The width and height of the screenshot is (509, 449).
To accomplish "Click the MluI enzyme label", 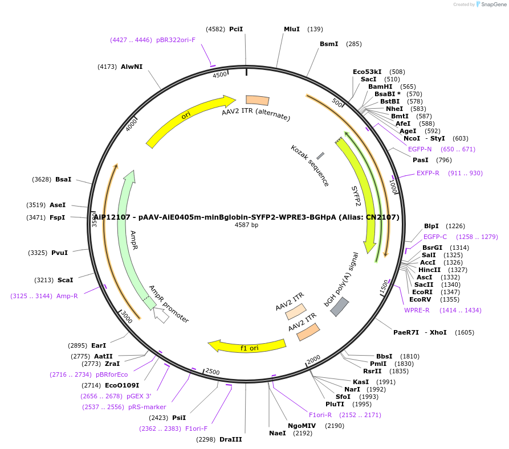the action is pos(291,29).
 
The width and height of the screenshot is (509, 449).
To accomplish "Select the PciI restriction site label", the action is pos(236,29).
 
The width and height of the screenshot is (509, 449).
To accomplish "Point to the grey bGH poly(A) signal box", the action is pos(340,307).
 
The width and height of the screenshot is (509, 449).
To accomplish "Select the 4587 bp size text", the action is pos(246,225).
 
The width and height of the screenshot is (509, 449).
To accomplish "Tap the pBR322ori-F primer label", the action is pos(176,40).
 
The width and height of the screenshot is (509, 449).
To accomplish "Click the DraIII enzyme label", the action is pos(230,439).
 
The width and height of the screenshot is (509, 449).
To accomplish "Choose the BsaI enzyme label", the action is pos(63,179).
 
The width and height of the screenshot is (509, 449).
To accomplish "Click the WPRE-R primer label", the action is pos(417,310).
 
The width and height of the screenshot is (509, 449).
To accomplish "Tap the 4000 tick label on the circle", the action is pos(132,124).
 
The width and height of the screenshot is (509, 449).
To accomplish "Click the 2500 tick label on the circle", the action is pos(212,372).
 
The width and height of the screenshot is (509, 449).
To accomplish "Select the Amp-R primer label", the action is pos(67,296).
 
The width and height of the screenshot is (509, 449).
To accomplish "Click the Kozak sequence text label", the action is pos(310,166).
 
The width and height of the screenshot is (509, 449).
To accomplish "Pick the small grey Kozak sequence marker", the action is pos(320,155).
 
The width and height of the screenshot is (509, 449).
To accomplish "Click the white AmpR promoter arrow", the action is pos(161,315).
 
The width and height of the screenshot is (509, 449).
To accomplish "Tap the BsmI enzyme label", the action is pos(329,44).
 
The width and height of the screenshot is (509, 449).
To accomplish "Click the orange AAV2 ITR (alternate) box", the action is pos(257,100).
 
